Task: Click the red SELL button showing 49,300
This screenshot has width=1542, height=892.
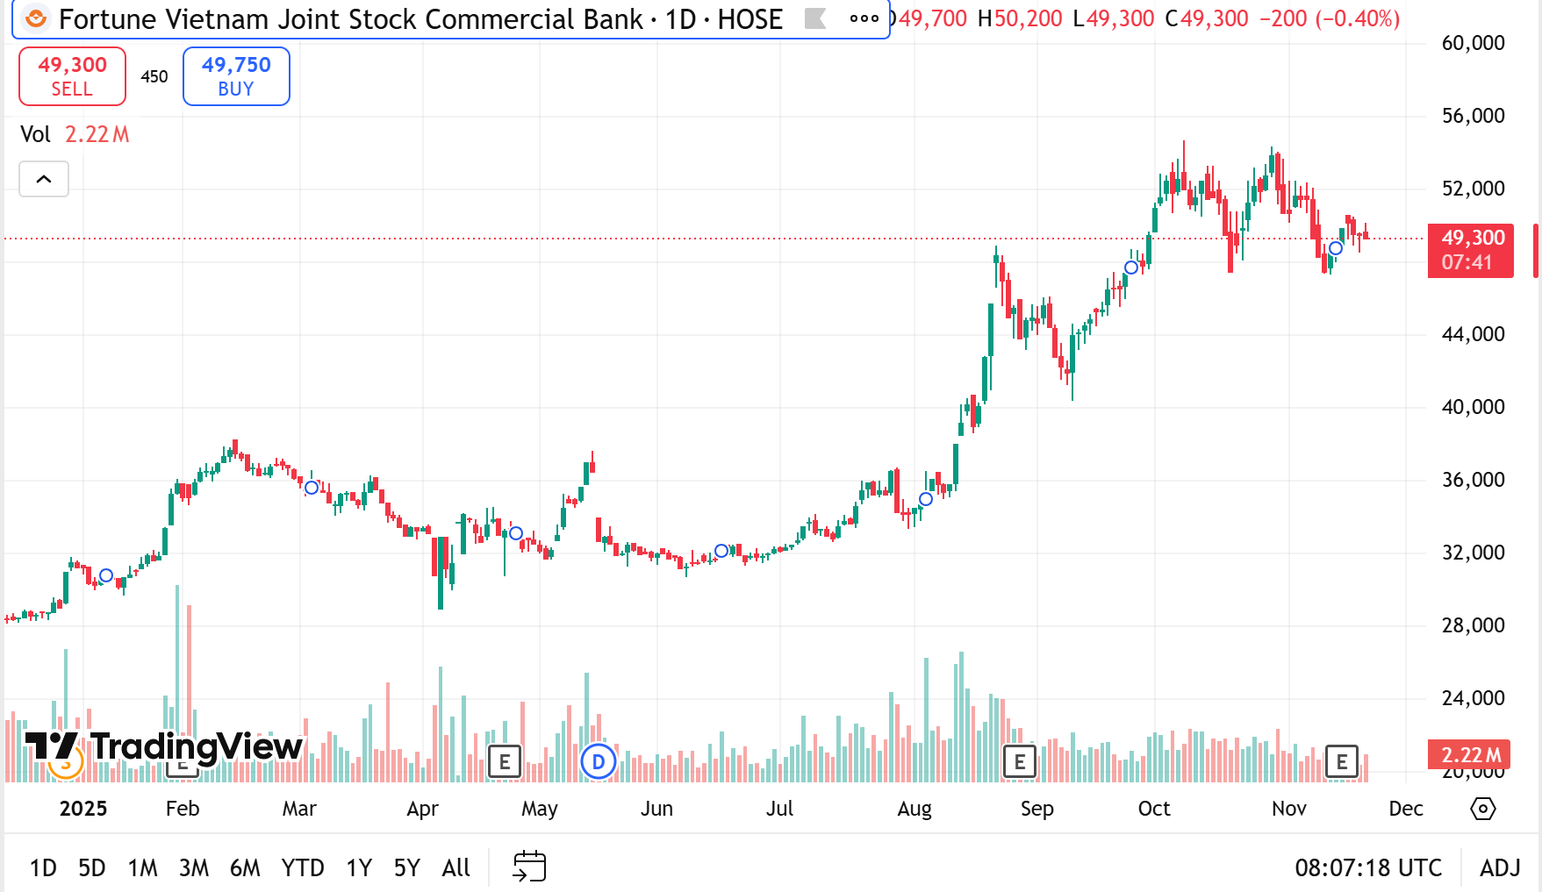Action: pyautogui.click(x=72, y=76)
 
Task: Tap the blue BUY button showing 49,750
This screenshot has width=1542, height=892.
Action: pyautogui.click(x=236, y=76)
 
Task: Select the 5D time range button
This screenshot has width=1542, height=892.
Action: pyautogui.click(x=91, y=868)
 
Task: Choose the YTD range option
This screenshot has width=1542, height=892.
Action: pyautogui.click(x=302, y=868)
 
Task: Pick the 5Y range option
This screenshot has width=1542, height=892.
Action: pyautogui.click(x=406, y=868)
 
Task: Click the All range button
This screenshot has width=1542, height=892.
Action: pyautogui.click(x=456, y=868)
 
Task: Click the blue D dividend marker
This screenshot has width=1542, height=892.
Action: pyautogui.click(x=599, y=761)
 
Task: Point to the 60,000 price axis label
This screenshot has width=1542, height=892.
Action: pyautogui.click(x=1473, y=43)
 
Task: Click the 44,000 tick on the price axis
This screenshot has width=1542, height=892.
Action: pyautogui.click(x=1473, y=334)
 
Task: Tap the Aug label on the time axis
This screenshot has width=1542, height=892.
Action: pyautogui.click(x=914, y=809)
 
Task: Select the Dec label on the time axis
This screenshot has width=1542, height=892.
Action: pyautogui.click(x=1405, y=809)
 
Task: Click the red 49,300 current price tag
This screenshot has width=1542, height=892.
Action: pyautogui.click(x=1472, y=250)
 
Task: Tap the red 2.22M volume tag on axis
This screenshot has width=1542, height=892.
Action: pyautogui.click(x=1470, y=754)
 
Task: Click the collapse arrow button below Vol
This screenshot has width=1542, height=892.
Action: pyautogui.click(x=44, y=180)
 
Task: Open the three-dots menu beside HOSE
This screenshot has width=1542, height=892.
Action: pyautogui.click(x=864, y=18)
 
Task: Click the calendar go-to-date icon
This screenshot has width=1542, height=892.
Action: pyautogui.click(x=529, y=867)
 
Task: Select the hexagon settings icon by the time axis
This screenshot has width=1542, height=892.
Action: pyautogui.click(x=1482, y=809)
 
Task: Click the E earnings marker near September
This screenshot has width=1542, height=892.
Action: pyautogui.click(x=1019, y=761)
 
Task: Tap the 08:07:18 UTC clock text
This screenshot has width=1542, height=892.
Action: pyautogui.click(x=1367, y=868)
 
